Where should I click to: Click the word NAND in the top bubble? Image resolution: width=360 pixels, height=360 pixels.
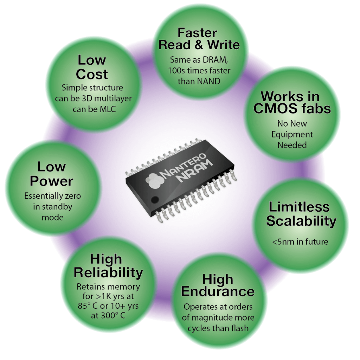click(x=210, y=81)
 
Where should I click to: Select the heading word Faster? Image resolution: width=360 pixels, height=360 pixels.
click(x=197, y=33)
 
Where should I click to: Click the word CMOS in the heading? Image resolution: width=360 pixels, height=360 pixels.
click(x=275, y=108)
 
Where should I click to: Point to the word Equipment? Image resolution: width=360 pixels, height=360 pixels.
click(x=292, y=134)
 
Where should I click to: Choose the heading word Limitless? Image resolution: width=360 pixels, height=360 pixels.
click(x=299, y=206)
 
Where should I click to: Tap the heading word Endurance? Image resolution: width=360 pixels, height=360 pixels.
click(x=218, y=291)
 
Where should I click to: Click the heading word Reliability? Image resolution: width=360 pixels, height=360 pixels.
click(x=108, y=272)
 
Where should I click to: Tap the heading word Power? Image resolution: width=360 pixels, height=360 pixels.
click(x=51, y=181)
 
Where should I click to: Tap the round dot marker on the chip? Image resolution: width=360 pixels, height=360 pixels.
click(x=154, y=200)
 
